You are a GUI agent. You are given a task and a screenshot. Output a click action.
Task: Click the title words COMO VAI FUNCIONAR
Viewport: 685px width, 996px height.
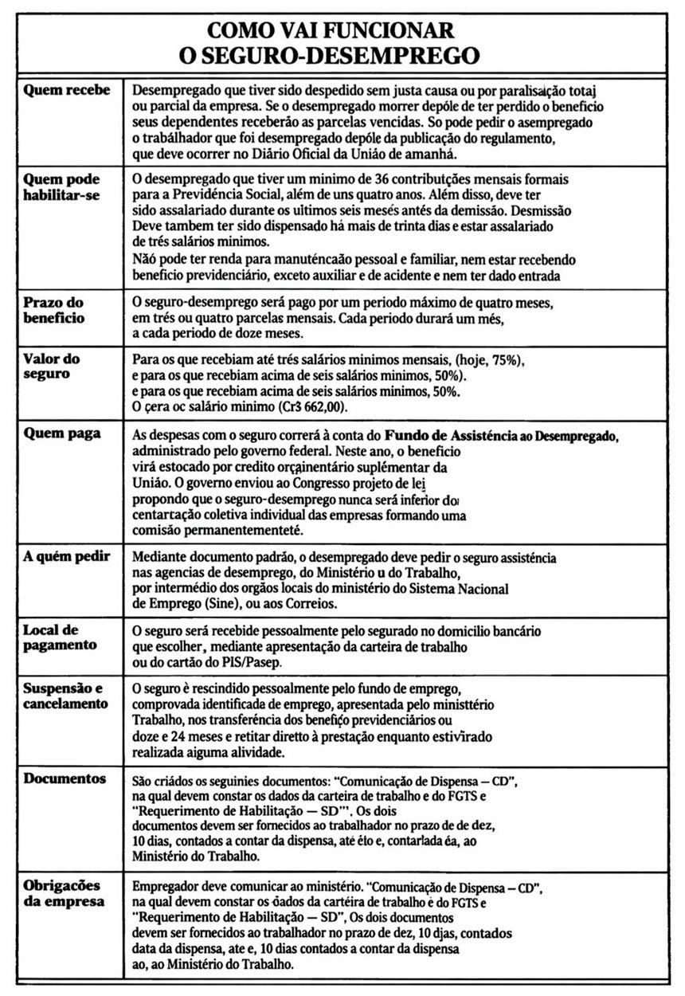point(342,31)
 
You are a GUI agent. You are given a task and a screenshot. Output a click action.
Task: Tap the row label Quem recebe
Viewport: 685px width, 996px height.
point(66,90)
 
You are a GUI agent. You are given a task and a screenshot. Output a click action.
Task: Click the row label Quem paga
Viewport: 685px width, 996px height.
point(62,434)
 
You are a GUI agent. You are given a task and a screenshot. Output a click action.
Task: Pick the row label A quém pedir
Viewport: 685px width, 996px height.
point(67,556)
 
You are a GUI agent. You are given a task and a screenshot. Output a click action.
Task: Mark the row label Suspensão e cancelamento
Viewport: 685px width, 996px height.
point(66,696)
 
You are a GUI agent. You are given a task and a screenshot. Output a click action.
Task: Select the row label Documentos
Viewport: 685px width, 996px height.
point(65,778)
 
